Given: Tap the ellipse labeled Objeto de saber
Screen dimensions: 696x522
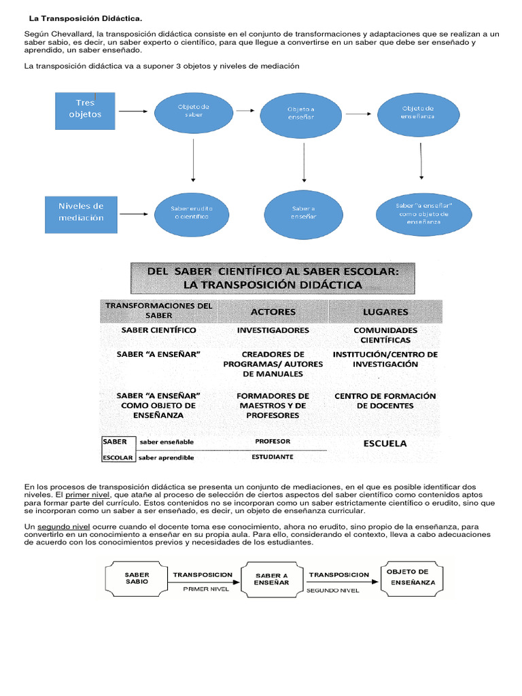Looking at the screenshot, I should [x=194, y=111].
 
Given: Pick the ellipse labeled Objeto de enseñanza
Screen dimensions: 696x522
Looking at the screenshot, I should [x=417, y=112].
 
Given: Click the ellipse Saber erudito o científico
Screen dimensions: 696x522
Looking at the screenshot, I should [x=194, y=211].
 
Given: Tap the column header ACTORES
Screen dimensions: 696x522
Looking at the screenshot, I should [x=273, y=312].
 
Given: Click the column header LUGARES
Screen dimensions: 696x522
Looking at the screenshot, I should [x=385, y=312].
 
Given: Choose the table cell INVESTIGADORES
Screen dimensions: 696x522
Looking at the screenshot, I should [x=273, y=330].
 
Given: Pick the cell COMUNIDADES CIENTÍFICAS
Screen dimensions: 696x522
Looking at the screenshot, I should [x=385, y=335].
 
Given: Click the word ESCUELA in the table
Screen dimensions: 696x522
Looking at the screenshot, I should [x=385, y=443].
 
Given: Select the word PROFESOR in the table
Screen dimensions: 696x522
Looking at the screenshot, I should [x=273, y=441].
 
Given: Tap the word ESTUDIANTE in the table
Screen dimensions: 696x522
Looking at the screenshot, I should [x=273, y=457].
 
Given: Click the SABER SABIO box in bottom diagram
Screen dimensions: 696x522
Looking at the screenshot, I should [x=137, y=578].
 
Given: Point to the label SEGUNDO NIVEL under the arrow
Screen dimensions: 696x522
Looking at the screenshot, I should [x=332, y=591].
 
